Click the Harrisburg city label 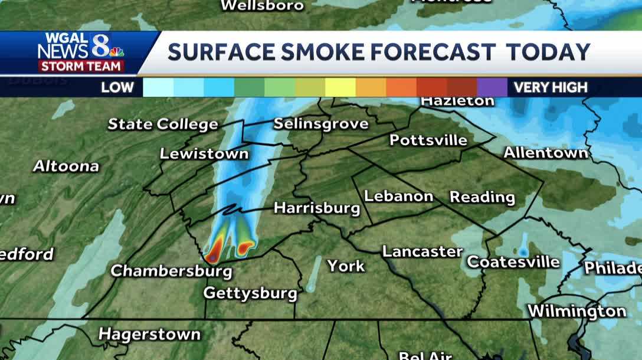[x=317, y=208]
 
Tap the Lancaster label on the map [x=422, y=251]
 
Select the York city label [x=346, y=266]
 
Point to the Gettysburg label [x=250, y=293]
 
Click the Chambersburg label [x=171, y=271]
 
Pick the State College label [x=163, y=125]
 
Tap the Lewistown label [x=204, y=154]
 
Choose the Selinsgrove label [x=321, y=124]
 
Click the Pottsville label [x=428, y=140]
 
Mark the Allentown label [x=546, y=153]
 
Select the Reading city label [x=482, y=197]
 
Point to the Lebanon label [x=399, y=196]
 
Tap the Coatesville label [x=513, y=261]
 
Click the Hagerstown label [x=149, y=334]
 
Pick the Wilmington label [x=577, y=311]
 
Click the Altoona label [x=66, y=166]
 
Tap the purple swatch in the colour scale [x=492, y=87]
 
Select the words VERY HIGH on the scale [x=551, y=88]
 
